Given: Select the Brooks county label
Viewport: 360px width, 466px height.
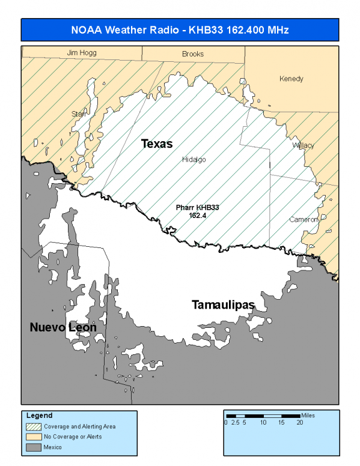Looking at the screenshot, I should pyautogui.click(x=193, y=54).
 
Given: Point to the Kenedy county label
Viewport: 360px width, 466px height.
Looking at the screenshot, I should pyautogui.click(x=291, y=79).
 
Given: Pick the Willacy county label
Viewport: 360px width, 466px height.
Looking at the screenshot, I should pyautogui.click(x=303, y=145).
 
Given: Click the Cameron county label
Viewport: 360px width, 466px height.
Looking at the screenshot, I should pyautogui.click(x=304, y=219).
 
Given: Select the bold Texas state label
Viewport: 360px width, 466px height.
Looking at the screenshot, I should pyautogui.click(x=157, y=144).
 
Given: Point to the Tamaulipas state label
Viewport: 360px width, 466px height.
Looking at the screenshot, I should pyautogui.click(x=223, y=305).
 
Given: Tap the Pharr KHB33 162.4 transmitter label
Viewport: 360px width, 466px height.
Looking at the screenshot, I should pyautogui.click(x=198, y=211).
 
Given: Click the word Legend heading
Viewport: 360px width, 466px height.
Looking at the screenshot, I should pyautogui.click(x=39, y=415).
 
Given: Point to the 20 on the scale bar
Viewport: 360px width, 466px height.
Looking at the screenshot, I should pyautogui.click(x=300, y=423).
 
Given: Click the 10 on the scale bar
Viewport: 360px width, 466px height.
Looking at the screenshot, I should pyautogui.click(x=263, y=423).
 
